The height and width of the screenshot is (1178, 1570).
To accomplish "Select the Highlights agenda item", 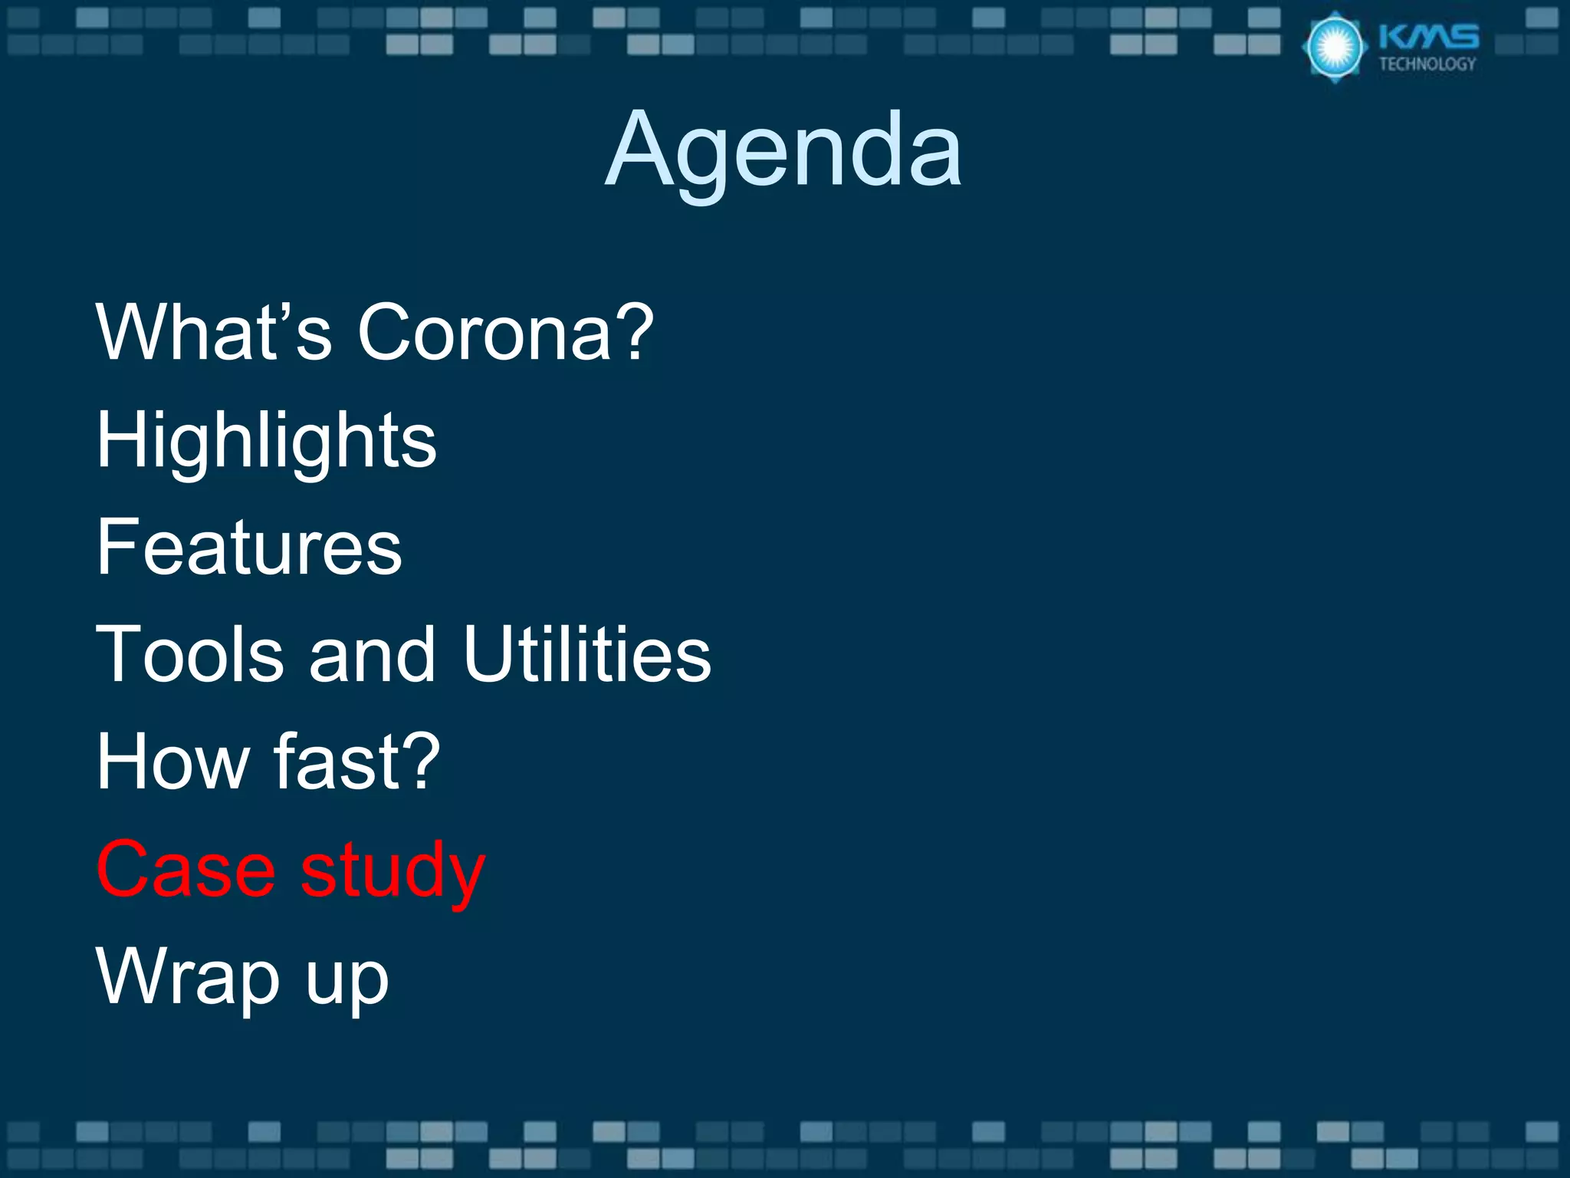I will [266, 441].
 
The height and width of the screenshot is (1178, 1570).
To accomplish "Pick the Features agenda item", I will [249, 547].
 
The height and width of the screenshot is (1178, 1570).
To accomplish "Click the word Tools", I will [189, 654].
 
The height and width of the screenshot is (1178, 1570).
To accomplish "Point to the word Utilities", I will [587, 654].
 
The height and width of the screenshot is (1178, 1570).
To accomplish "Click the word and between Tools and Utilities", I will [372, 654].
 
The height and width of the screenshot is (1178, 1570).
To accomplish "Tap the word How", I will [173, 762].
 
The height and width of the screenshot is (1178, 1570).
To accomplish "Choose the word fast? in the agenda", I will [357, 762].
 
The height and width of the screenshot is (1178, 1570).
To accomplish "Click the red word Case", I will [186, 869].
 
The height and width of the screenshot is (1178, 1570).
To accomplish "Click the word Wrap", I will [188, 978].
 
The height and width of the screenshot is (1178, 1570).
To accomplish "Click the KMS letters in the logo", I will [1428, 37].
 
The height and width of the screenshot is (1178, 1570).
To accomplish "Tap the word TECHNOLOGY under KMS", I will [1427, 64].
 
